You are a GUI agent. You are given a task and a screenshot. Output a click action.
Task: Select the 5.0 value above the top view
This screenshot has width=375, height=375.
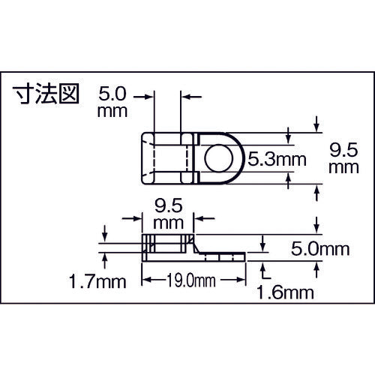coord(115,97)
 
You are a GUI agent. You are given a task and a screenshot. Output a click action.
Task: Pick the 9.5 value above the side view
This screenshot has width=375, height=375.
coord(167,204)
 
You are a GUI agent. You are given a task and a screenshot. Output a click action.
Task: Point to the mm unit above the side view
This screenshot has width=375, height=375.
coord(167,222)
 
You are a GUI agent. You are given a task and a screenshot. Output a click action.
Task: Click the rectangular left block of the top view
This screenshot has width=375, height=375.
coord(168,157)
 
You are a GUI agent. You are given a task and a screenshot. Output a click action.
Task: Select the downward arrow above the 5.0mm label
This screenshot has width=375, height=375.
coord(319,223)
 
